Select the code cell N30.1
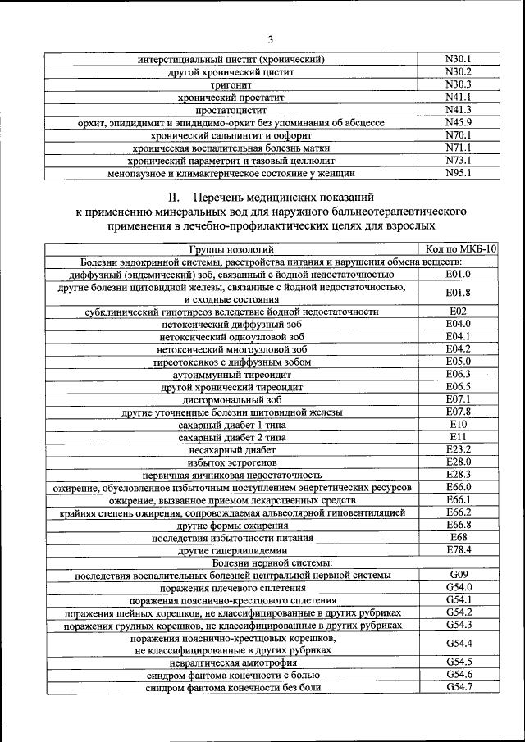tap(458, 59)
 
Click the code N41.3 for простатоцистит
tap(458, 109)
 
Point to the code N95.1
tap(458, 173)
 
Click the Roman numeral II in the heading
tap(174, 198)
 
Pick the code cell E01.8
tap(458, 292)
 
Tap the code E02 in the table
tap(458, 311)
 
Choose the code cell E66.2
tap(458, 512)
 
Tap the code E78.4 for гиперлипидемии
tap(458, 549)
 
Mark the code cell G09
tap(458, 575)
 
